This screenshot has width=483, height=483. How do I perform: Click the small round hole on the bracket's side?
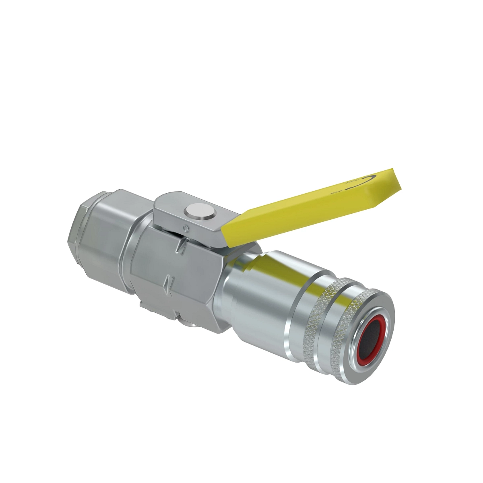click(186, 228)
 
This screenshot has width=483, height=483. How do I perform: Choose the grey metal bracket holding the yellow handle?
click(181, 213)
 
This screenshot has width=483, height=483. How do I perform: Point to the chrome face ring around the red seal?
click(380, 318)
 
